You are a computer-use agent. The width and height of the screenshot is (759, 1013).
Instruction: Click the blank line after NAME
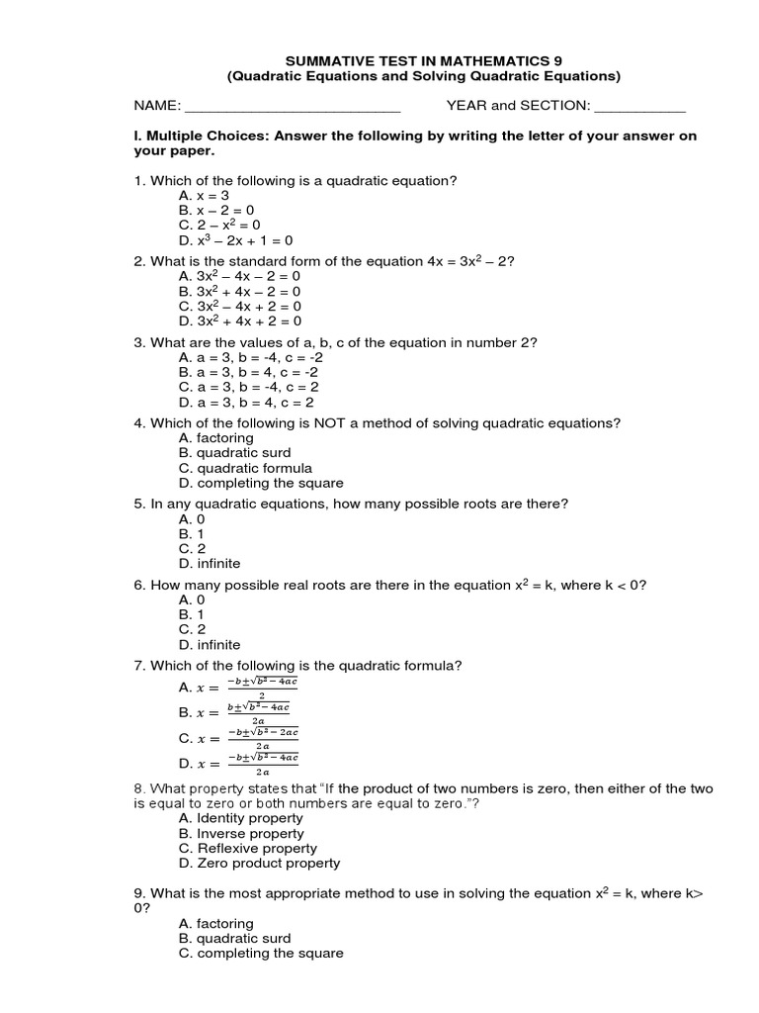coord(293,107)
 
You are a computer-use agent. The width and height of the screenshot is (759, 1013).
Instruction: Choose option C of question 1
coord(219,225)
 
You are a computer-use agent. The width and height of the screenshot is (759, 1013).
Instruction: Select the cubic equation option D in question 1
coord(235,239)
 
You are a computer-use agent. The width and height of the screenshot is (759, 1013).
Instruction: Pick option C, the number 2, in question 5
coord(192,548)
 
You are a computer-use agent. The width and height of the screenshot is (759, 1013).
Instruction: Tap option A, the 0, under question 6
coord(192,599)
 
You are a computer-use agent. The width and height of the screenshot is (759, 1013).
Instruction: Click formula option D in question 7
coord(238,763)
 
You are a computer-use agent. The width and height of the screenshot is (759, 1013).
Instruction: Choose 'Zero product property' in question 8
coord(259,863)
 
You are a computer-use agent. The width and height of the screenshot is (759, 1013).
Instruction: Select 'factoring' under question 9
coord(216,923)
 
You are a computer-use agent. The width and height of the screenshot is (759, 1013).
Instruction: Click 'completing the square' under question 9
coord(261,953)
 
